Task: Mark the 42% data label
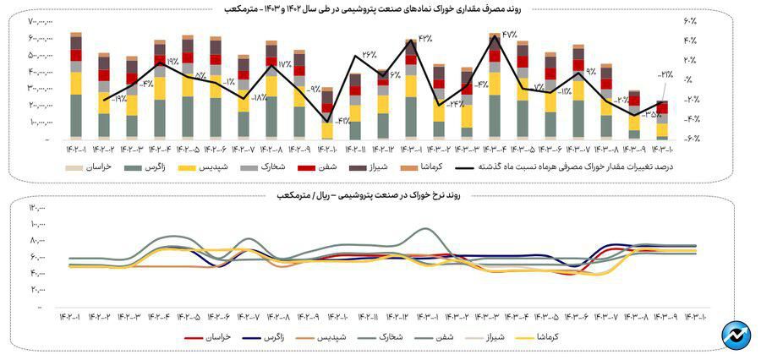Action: pyautogui.click(x=424, y=39)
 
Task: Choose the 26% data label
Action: pyautogui.click(x=369, y=54)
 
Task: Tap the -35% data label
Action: pyautogui.click(x=652, y=112)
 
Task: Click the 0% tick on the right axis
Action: pyautogui.click(x=692, y=80)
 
